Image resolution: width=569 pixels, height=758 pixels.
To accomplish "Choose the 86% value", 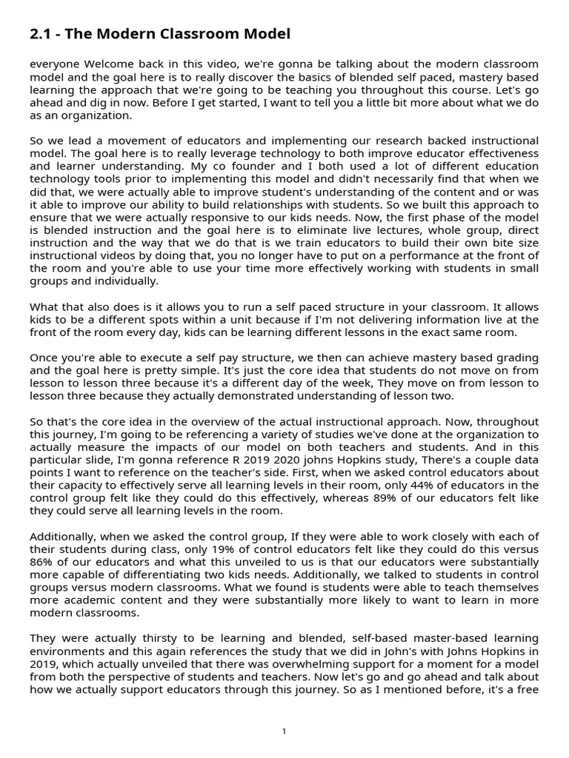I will (42, 562).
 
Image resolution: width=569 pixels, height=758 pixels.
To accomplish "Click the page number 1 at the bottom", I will (284, 731).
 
